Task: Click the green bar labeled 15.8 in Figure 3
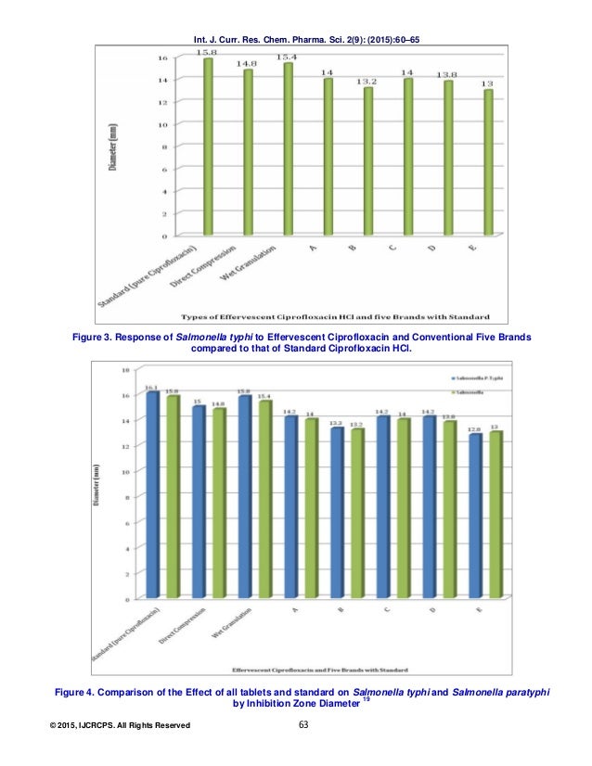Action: coord(208,148)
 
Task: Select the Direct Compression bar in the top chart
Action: coord(248,153)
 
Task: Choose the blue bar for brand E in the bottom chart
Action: coord(476,515)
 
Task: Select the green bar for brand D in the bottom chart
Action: coord(448,507)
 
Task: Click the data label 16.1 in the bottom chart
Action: coord(152,388)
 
